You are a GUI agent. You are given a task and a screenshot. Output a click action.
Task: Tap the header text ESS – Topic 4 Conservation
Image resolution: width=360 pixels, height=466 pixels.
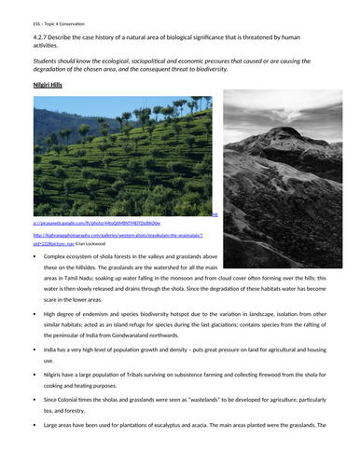point(47,19)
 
